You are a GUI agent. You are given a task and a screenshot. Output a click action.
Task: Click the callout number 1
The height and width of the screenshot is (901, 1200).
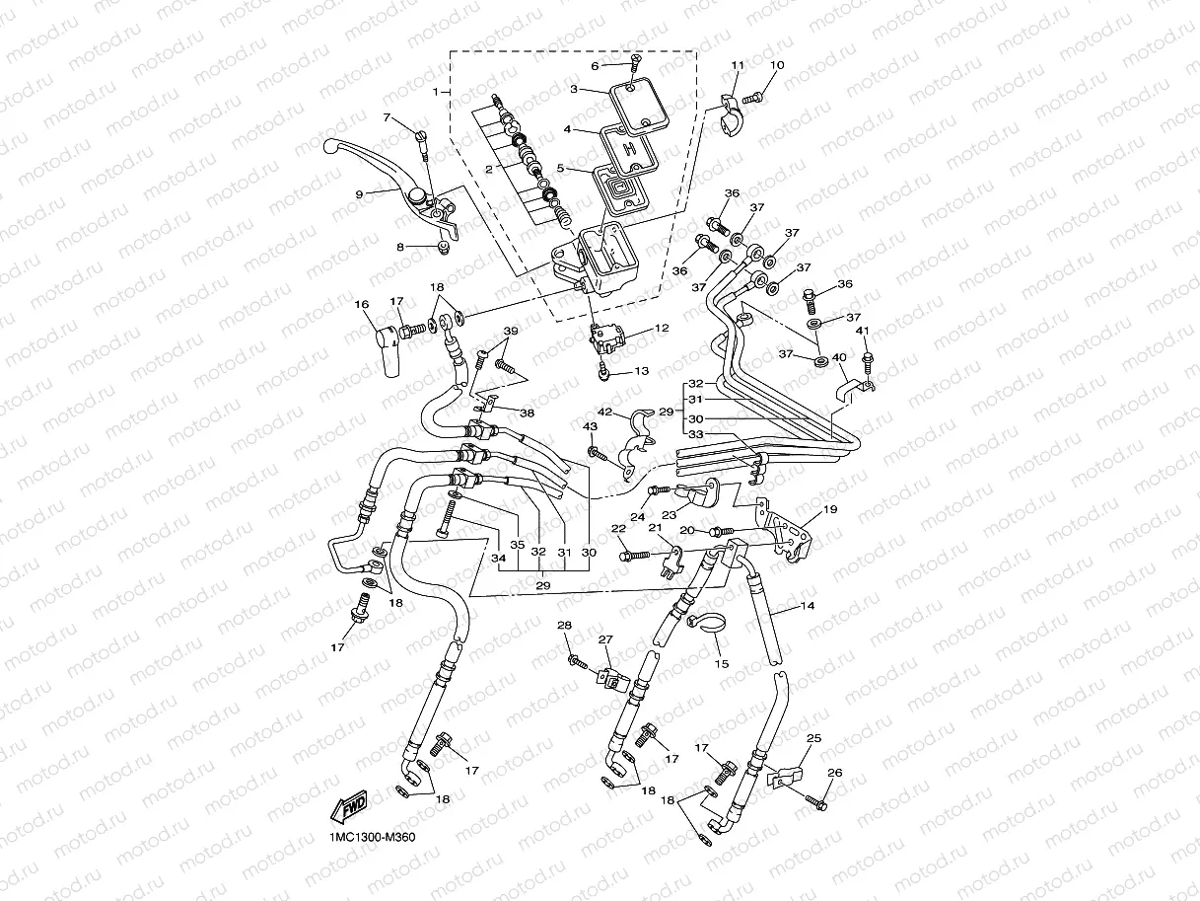(x=435, y=92)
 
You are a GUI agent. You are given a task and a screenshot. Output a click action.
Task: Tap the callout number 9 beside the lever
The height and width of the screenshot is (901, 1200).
(x=360, y=193)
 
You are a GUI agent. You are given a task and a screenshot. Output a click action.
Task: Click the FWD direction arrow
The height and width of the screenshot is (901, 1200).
(x=350, y=810)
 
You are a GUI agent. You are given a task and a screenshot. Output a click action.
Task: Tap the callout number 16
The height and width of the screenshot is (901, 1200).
(x=362, y=305)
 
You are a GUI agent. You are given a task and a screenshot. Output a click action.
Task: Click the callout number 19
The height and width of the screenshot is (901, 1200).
(x=830, y=509)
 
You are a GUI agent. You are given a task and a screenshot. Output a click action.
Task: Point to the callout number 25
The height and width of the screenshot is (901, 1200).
(x=813, y=737)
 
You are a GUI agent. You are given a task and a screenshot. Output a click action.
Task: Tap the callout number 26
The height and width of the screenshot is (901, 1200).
(x=834, y=773)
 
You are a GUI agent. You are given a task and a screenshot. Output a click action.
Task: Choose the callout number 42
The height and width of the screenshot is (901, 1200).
(x=606, y=412)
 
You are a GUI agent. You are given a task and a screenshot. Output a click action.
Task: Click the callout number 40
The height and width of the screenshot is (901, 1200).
(x=839, y=357)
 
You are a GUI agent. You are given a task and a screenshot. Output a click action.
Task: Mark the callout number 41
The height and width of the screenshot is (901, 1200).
(x=862, y=331)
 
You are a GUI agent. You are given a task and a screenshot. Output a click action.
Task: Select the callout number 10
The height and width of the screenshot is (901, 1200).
(x=777, y=65)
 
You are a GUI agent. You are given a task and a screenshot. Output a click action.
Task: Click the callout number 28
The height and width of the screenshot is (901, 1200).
(x=564, y=626)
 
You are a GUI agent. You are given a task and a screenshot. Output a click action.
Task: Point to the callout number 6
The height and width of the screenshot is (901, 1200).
(x=595, y=66)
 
